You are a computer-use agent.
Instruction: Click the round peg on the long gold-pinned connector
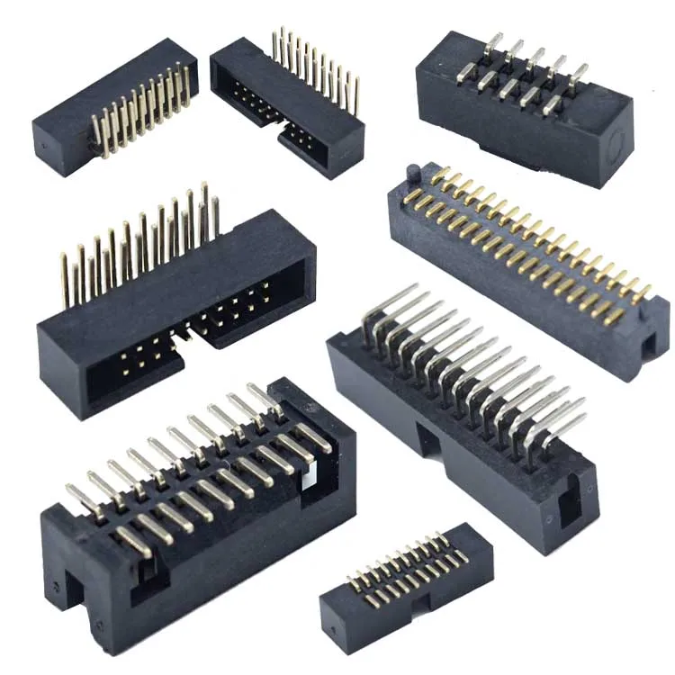410,171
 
